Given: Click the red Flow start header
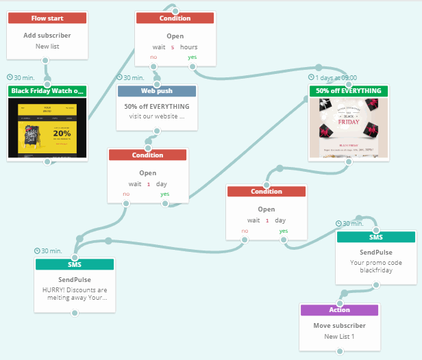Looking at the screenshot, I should (x=47, y=18).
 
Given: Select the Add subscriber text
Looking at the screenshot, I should (x=47, y=36).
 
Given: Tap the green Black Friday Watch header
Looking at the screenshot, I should (x=47, y=91).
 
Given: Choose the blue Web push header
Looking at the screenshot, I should (x=157, y=91).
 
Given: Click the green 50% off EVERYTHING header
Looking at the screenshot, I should (x=349, y=91).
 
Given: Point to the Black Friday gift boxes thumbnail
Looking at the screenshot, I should (x=349, y=127).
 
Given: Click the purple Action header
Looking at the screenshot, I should (x=339, y=310).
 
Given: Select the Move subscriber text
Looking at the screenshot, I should (x=339, y=326).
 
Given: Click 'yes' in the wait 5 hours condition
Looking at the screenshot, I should (x=193, y=57).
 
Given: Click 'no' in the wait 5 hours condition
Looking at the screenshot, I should (x=153, y=57).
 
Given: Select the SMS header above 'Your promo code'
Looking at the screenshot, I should (x=376, y=237).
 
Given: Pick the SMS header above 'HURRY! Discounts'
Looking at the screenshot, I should (x=75, y=264).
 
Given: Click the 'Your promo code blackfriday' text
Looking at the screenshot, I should (x=376, y=266).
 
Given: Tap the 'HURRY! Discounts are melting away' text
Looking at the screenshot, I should (x=75, y=294).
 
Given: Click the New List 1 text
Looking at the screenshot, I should (x=339, y=337).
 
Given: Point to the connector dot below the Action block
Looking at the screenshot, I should (x=339, y=351).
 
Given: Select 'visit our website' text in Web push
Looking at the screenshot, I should (x=157, y=116).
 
